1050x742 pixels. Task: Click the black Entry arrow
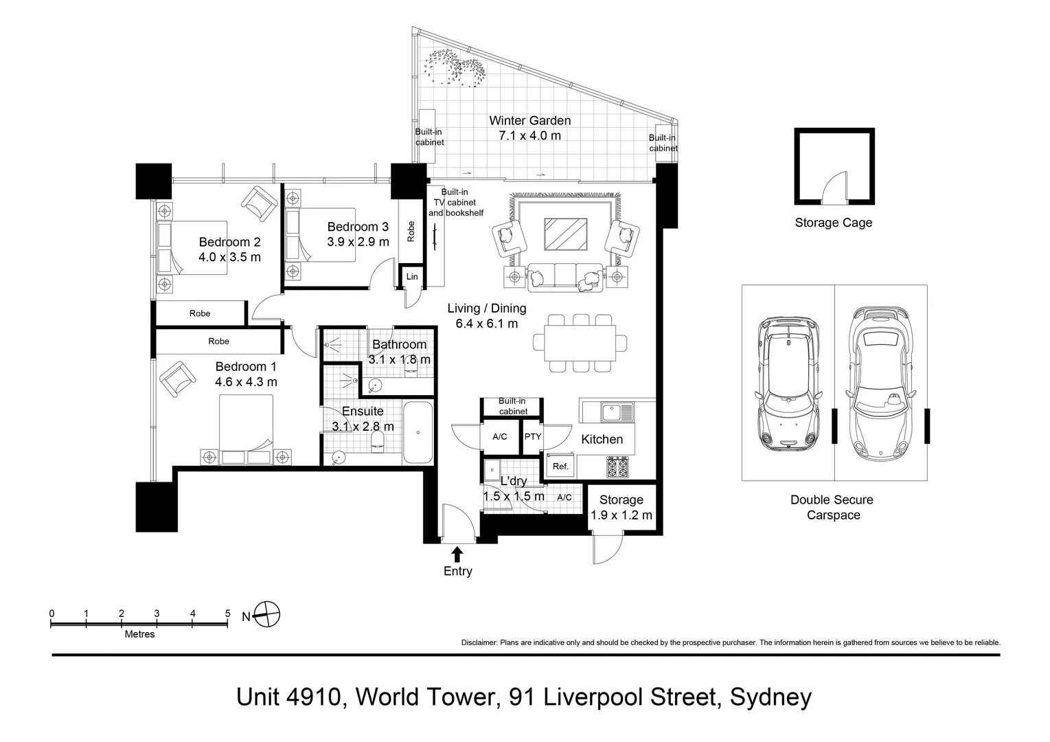457,554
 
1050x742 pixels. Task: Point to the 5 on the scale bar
228,613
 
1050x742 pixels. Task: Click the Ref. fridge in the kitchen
560,466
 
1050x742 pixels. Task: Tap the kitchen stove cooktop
617,466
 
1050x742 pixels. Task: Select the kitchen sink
617,413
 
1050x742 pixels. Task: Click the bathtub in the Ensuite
418,432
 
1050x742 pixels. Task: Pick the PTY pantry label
532,436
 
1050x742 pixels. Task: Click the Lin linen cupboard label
412,277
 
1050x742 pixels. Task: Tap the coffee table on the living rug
565,234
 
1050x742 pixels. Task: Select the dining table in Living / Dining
580,342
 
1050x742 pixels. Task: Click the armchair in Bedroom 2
259,203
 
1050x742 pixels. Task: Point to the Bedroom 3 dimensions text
358,242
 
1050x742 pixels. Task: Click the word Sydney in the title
771,697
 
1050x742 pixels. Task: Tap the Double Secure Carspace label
832,507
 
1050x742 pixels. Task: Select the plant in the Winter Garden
455,69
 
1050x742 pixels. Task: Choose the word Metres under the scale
139,634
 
